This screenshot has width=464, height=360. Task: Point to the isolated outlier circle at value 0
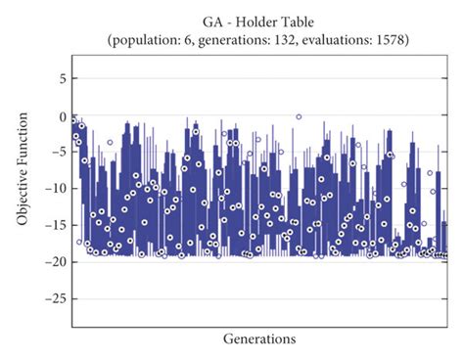point(299,116)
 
